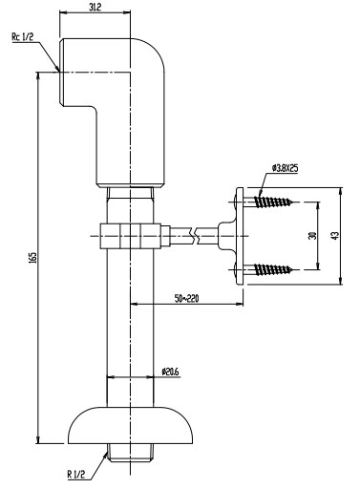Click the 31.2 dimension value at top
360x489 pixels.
click(x=95, y=8)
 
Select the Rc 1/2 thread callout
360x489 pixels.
click(x=23, y=37)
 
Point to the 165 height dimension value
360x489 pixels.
click(x=33, y=257)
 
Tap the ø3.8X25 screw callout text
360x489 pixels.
click(x=285, y=168)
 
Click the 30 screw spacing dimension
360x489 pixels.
click(x=312, y=236)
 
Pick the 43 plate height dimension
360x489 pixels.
click(x=335, y=236)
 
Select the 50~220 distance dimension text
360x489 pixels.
click(x=186, y=298)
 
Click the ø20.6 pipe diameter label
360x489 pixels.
click(x=171, y=372)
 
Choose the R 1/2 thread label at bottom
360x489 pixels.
click(x=76, y=475)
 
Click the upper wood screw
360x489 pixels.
click(x=272, y=202)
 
